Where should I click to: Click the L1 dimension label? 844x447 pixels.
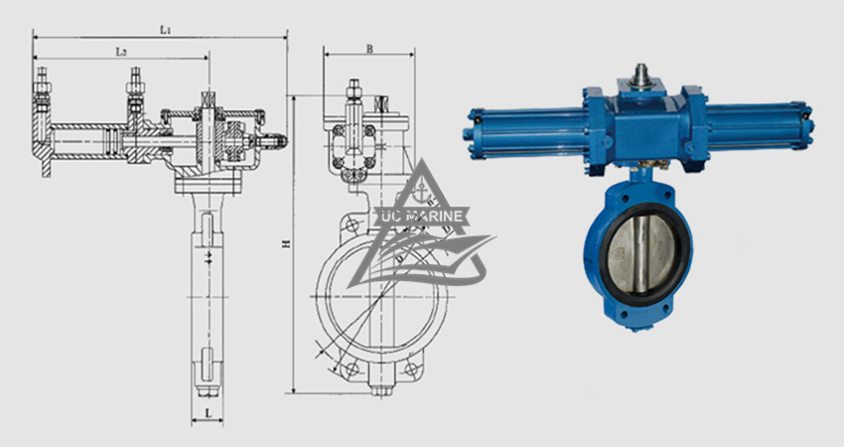pos(166,31)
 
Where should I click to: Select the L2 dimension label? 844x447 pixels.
pos(119,50)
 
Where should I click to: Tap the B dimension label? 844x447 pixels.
pos(368,48)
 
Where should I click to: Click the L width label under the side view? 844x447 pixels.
pos(208,409)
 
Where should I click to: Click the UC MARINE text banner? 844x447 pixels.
pos(424,214)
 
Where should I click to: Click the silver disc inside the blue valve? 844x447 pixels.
pos(639,252)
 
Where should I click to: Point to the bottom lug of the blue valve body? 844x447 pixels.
pos(640,319)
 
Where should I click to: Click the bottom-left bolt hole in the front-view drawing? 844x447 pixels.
pos(351,371)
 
